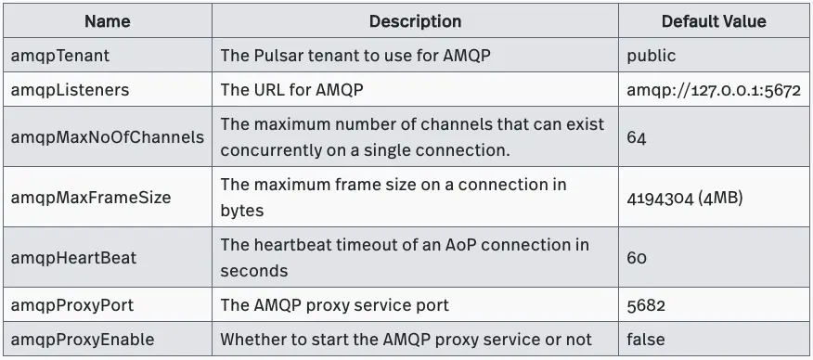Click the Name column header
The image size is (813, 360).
coord(108,20)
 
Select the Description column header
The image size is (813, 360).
coord(415,20)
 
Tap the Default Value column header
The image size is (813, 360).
coord(714,20)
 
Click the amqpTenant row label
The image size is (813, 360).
coord(60,56)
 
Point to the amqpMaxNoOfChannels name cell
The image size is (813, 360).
coord(108,136)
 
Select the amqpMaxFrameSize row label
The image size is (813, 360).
coord(91,197)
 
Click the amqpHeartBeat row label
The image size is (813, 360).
coord(74,257)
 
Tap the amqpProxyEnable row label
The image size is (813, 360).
coord(84,339)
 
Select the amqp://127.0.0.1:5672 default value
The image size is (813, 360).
coord(714,90)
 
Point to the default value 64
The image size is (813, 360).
coord(637,136)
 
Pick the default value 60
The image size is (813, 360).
coord(637,257)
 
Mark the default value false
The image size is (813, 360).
coord(646,339)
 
